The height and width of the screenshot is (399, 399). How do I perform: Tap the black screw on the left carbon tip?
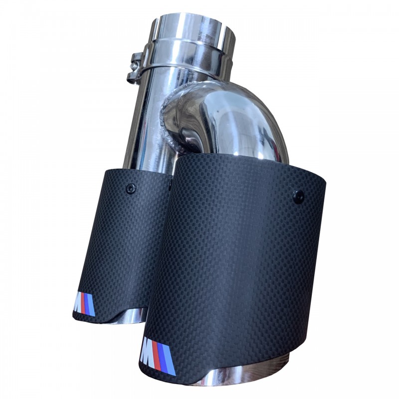pyautogui.click(x=131, y=188)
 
